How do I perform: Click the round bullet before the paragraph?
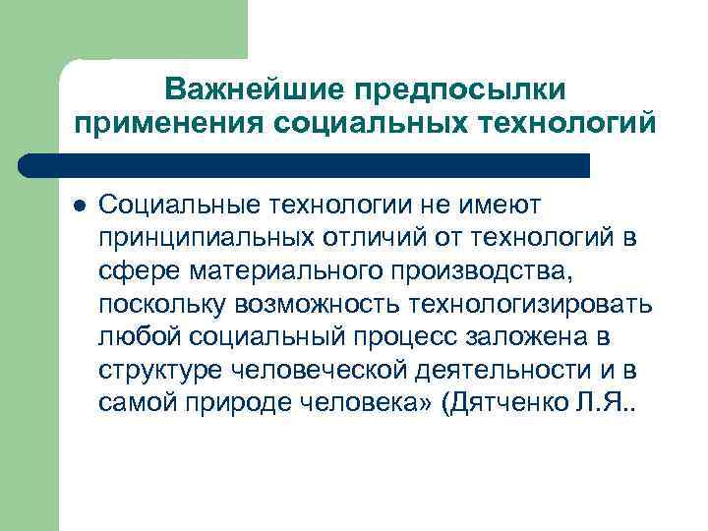tap(78, 206)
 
